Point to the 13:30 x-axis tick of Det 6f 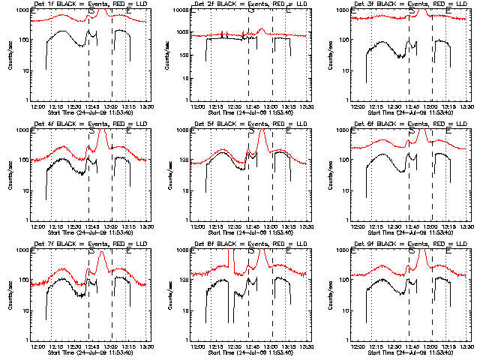pos(468,226)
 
